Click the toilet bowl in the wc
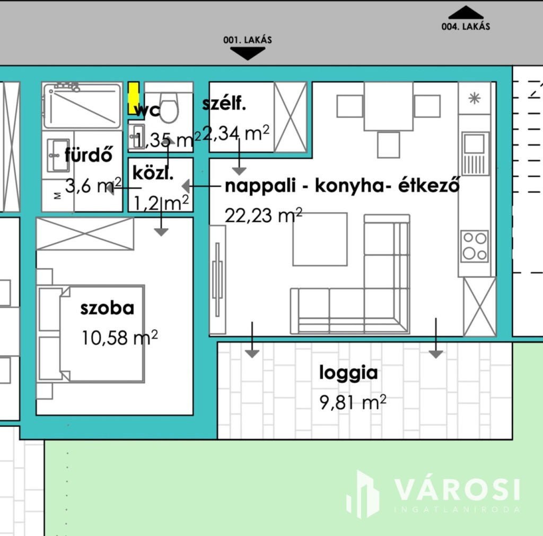pyautogui.click(x=169, y=107)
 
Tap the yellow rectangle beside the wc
pyautogui.click(x=134, y=98)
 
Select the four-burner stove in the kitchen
pyautogui.click(x=475, y=246)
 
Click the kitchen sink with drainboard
pyautogui.click(x=476, y=153)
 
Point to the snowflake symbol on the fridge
pyautogui.click(x=475, y=98)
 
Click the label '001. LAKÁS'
pyautogui.click(x=248, y=40)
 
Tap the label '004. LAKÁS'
pyautogui.click(x=466, y=27)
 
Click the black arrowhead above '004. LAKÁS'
pyautogui.click(x=466, y=13)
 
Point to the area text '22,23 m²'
pyautogui.click(x=264, y=215)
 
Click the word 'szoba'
pyautogui.click(x=107, y=308)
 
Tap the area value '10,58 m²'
pyautogui.click(x=120, y=338)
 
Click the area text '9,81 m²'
pyautogui.click(x=353, y=402)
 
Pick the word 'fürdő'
pyautogui.click(x=89, y=154)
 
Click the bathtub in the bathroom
pyautogui.click(x=82, y=106)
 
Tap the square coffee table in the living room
pyautogui.click(x=320, y=239)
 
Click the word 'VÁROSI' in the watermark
pyautogui.click(x=457, y=489)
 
